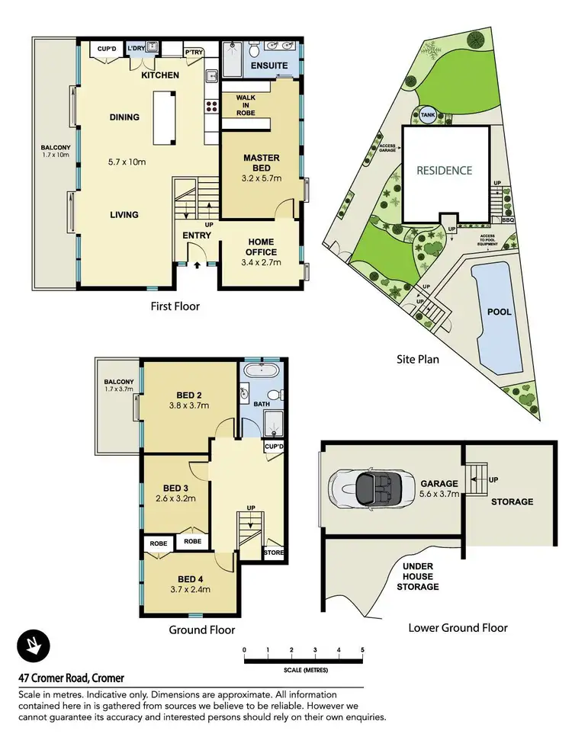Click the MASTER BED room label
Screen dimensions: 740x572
click(262, 158)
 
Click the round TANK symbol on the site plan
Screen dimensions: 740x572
click(426, 115)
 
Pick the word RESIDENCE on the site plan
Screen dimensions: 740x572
click(444, 171)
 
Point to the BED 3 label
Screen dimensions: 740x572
click(175, 489)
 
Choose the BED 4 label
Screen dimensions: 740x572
click(190, 578)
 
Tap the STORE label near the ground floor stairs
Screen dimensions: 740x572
click(272, 552)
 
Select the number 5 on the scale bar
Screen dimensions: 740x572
click(362, 649)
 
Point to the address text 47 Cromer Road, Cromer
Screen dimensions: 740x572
click(71, 678)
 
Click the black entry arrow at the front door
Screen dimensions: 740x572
click(197, 265)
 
